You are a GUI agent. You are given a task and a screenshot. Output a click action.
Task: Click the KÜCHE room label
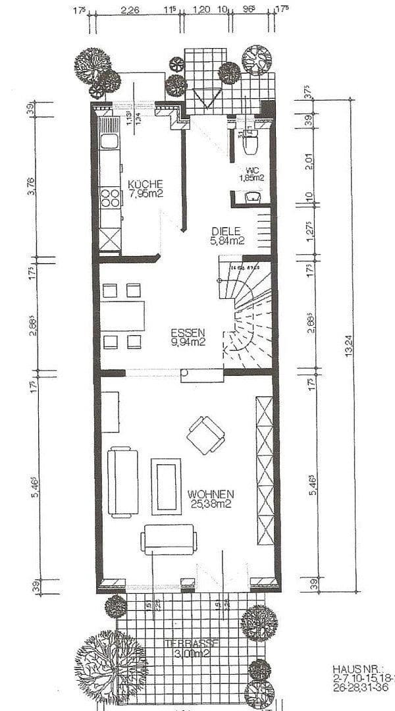click(145, 184)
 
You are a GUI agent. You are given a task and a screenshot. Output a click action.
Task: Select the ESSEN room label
click(188, 332)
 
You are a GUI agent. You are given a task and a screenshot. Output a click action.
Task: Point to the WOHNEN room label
click(211, 494)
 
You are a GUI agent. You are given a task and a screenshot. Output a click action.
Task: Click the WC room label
click(251, 170)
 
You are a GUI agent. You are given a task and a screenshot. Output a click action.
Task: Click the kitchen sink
click(109, 141)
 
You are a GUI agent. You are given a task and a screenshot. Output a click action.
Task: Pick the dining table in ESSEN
click(122, 316)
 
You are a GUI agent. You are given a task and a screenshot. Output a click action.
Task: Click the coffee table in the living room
click(166, 486)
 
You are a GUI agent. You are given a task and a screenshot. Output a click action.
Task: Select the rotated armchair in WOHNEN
click(205, 435)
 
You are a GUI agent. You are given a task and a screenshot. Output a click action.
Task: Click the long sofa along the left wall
click(122, 482)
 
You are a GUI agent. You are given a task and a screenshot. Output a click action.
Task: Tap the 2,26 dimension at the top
click(130, 11)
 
